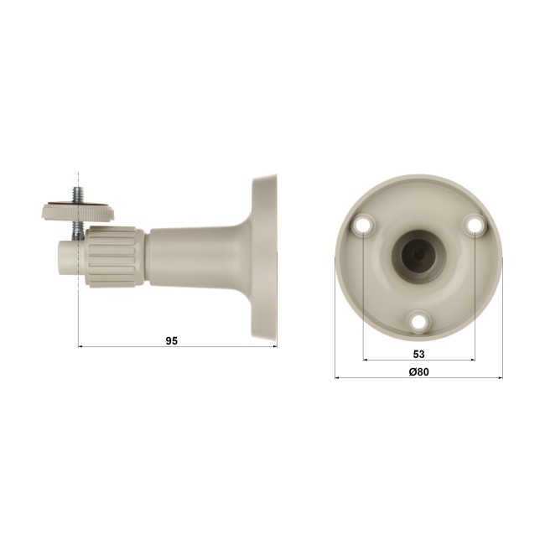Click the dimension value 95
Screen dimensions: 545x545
point(171,341)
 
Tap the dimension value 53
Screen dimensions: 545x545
point(419,354)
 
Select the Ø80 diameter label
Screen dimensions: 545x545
point(419,371)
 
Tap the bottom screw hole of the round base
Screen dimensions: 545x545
point(419,320)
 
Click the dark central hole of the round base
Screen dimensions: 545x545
point(418,255)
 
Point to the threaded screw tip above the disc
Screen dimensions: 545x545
point(77,194)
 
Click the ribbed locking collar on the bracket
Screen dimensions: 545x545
point(115,257)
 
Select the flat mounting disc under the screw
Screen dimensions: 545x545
point(78,211)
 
